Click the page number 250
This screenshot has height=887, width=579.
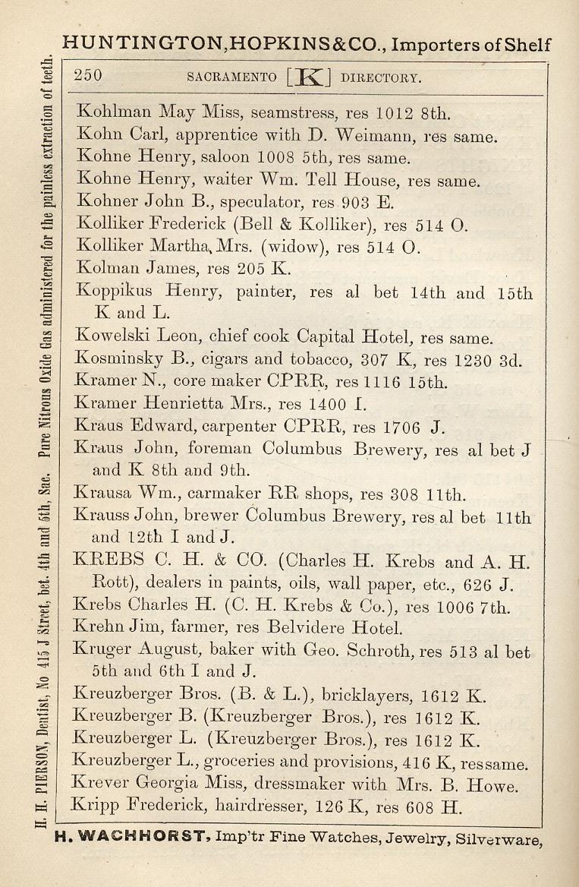pos(89,75)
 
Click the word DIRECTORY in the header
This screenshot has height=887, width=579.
pos(382,77)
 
